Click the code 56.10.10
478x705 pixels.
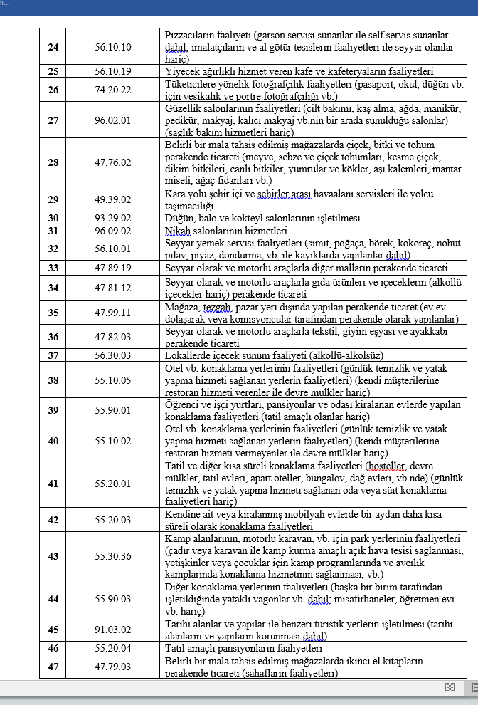coord(112,47)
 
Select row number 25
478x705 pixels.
coord(53,72)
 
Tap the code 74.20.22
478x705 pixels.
coord(112,90)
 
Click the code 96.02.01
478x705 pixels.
coord(112,120)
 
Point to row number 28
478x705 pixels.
coord(53,162)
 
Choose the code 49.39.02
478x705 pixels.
coord(112,199)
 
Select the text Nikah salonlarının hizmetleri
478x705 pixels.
coord(225,231)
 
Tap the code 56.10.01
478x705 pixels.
coord(112,249)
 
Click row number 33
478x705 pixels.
coord(53,268)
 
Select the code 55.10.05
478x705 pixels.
coord(112,380)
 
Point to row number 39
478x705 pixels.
coord(53,410)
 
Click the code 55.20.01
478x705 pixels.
coord(112,484)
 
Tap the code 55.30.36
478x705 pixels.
coord(112,556)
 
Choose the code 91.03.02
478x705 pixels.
coord(112,630)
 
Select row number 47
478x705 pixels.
coord(53,667)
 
